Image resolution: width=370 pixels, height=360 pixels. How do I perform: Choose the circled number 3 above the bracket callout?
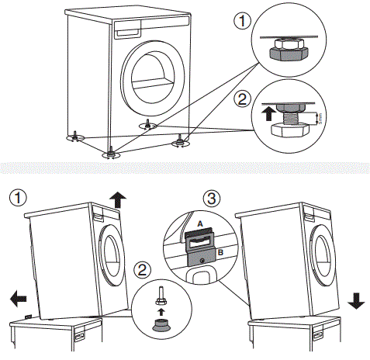click(210, 197)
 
